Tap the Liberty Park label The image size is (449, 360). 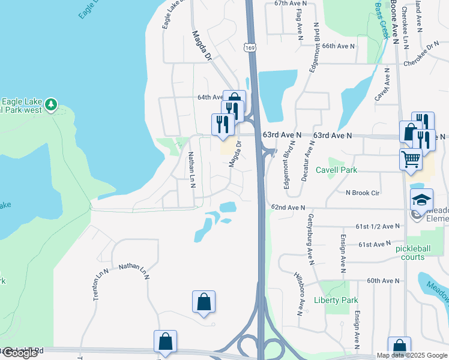(336, 300)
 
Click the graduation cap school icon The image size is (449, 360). (421, 200)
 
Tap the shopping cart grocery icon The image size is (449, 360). (411, 160)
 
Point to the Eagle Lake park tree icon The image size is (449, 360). (51, 104)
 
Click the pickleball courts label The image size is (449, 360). (418, 253)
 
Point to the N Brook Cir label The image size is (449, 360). (362, 193)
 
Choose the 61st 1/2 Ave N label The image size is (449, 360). (377, 226)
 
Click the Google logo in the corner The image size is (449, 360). (19, 353)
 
